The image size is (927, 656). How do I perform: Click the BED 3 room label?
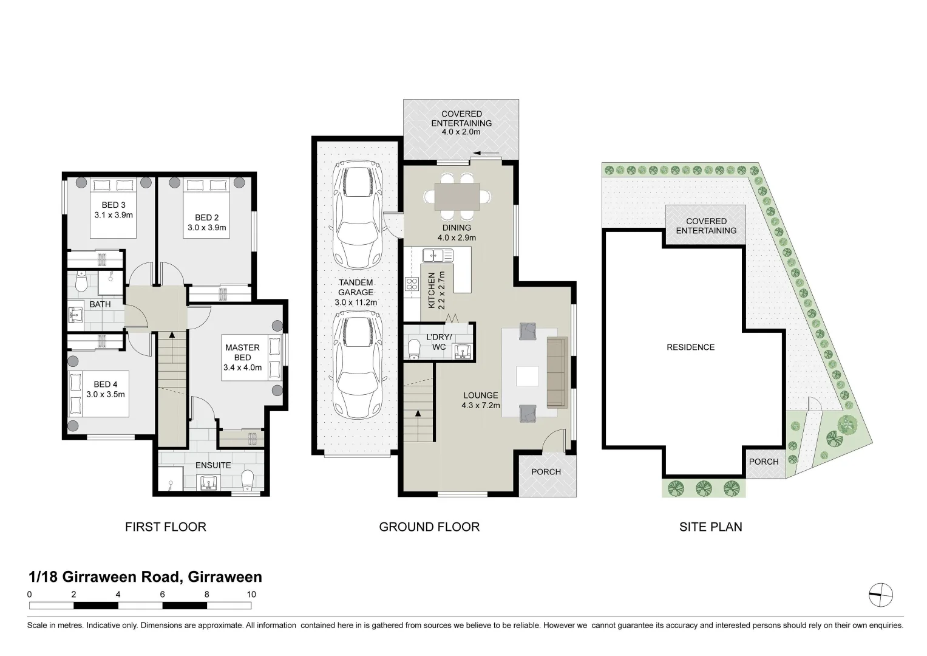click(x=114, y=205)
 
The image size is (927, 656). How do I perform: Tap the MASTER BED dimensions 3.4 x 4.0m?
click(x=242, y=367)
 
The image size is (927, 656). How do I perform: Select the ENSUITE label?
click(x=213, y=465)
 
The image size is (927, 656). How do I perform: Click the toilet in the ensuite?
click(x=247, y=480)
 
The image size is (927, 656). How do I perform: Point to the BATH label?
click(x=100, y=304)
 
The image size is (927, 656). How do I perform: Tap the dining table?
click(x=457, y=196)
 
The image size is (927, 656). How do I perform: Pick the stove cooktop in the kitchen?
click(x=412, y=284)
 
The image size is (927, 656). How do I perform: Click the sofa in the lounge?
click(x=555, y=372)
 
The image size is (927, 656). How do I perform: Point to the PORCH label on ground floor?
click(x=546, y=472)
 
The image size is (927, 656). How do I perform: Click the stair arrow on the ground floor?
click(x=418, y=414)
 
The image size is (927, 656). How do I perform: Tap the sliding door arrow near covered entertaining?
click(x=487, y=153)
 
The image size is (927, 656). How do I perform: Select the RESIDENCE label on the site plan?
click(x=690, y=347)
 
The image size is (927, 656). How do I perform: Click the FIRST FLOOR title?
click(x=165, y=527)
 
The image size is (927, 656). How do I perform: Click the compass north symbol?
click(x=880, y=595)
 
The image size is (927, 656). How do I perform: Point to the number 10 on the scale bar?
click(x=251, y=595)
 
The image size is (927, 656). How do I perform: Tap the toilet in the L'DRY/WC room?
click(x=415, y=349)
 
